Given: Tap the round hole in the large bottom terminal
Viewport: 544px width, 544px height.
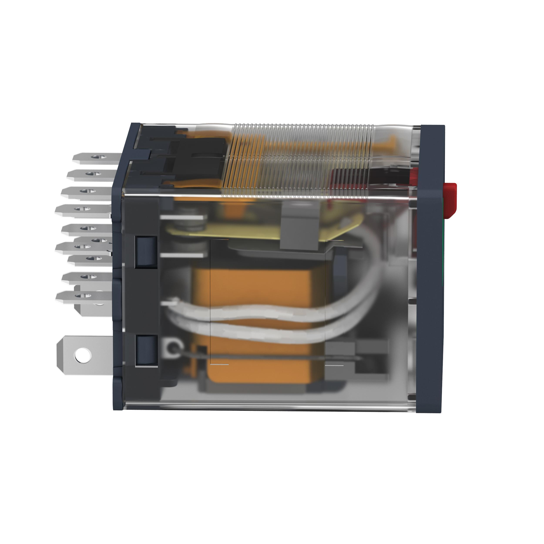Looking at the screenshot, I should (82, 355).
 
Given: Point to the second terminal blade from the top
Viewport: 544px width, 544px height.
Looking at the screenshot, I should (90, 175).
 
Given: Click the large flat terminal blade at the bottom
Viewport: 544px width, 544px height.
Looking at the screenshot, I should (84, 355).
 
